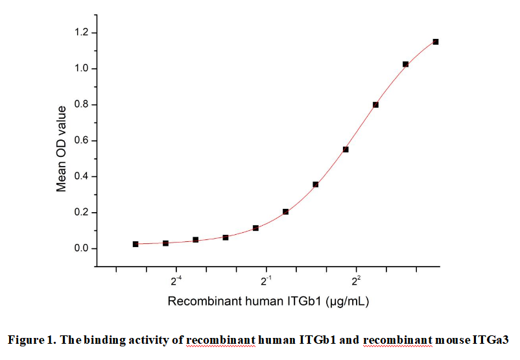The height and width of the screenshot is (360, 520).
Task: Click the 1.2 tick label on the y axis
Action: pyautogui.click(x=84, y=33)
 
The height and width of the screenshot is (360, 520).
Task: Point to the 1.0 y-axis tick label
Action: pyautogui.click(x=84, y=69)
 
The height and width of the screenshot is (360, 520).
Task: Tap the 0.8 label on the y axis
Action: pyautogui.click(x=84, y=105)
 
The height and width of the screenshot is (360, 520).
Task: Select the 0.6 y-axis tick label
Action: pyautogui.click(x=84, y=141)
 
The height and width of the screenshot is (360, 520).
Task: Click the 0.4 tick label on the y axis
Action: pyautogui.click(x=84, y=177)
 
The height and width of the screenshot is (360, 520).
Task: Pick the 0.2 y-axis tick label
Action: pyautogui.click(x=84, y=213)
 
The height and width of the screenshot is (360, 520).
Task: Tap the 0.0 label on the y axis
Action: pyautogui.click(x=84, y=249)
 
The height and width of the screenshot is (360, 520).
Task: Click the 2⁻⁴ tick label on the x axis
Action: pyautogui.click(x=176, y=281)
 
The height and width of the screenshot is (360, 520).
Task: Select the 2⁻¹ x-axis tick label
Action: pyautogui.click(x=266, y=281)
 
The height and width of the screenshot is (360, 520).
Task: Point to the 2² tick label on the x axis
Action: pyautogui.click(x=356, y=281)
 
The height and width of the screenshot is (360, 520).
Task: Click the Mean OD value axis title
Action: pyautogui.click(x=62, y=149)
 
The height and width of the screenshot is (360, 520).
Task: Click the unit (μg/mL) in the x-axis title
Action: pyautogui.click(x=348, y=302)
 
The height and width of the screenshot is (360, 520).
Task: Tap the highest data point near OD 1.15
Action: pyautogui.click(x=436, y=42)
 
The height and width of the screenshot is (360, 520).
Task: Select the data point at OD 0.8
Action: pyautogui.click(x=375, y=104)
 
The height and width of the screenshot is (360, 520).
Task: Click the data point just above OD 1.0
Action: pyautogui.click(x=405, y=64)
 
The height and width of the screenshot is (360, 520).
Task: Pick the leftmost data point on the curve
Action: pyautogui.click(x=136, y=244)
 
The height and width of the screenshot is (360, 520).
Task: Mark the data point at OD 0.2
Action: pyautogui.click(x=285, y=212)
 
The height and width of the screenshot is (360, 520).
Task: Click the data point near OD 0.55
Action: pyautogui.click(x=346, y=149)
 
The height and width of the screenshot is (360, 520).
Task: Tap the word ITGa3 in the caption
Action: pyautogui.click(x=493, y=340)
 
